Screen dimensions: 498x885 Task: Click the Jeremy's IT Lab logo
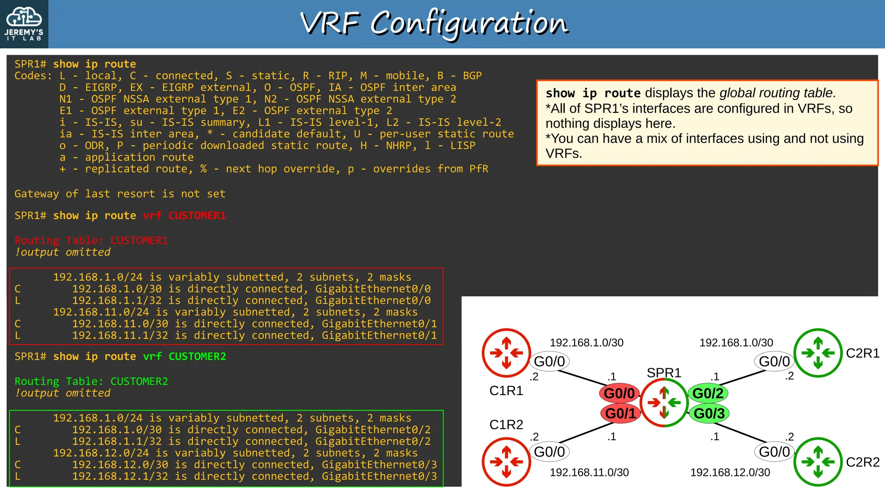tap(24, 24)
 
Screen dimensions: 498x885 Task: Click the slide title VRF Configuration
tap(434, 23)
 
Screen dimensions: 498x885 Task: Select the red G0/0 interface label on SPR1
tap(619, 393)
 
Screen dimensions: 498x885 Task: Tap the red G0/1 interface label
tap(620, 414)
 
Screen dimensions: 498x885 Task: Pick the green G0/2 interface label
tap(708, 393)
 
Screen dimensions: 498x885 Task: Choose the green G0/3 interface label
tap(709, 414)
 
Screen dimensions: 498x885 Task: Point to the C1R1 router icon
tap(506, 353)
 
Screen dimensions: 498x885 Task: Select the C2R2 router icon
tap(818, 462)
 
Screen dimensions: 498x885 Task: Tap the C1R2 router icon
tap(506, 462)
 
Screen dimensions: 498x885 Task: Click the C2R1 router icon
tap(818, 353)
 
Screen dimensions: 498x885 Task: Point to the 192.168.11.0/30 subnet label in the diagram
tap(589, 472)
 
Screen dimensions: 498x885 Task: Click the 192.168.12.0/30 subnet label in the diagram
tap(730, 472)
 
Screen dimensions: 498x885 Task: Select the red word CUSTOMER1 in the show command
tap(197, 215)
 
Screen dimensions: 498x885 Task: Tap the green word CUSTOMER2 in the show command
tap(197, 356)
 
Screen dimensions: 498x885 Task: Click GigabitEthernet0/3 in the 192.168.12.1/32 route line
tap(379, 476)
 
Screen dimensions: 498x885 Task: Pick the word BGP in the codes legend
tap(472, 76)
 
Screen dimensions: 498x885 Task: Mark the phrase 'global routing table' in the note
tap(777, 93)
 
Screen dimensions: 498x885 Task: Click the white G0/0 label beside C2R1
tap(774, 361)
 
